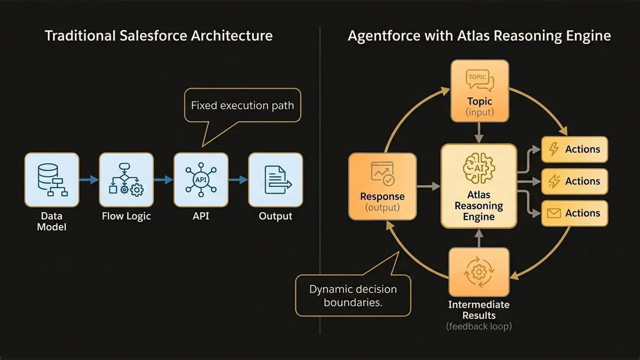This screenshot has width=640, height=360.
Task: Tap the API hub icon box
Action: [x=201, y=180]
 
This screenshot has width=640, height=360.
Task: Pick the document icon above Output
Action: [x=275, y=180]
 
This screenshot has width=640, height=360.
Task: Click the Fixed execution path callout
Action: [x=242, y=106]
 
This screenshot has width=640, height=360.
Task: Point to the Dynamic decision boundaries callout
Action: [x=353, y=295]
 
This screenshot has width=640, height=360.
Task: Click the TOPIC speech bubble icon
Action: [x=479, y=80]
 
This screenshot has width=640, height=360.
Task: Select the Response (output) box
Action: [x=382, y=186]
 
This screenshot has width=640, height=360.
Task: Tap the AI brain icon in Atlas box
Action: [x=478, y=166]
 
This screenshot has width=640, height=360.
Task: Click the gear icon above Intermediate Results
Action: [x=478, y=272]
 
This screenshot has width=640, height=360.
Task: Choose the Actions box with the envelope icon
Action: [x=574, y=213]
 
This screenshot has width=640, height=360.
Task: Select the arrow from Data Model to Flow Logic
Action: [x=89, y=180]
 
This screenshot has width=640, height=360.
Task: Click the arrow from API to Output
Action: [x=238, y=180]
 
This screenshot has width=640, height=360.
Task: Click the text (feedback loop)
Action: [x=478, y=326]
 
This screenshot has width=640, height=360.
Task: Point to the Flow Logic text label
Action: [x=126, y=216]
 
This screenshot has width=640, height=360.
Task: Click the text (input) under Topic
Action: [x=479, y=113]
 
